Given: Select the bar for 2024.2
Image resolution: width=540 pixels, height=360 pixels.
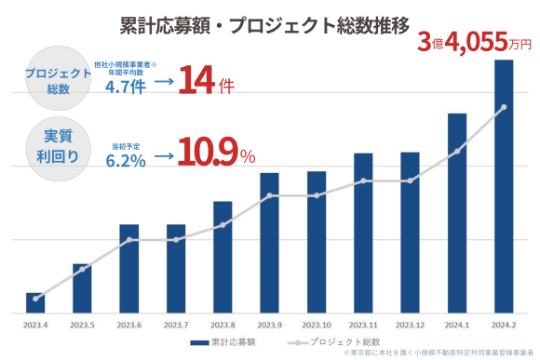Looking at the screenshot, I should point(504,186).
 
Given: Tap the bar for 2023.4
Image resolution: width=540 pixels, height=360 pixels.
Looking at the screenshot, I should point(35,302).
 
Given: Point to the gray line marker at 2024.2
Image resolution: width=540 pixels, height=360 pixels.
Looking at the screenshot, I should point(504,108).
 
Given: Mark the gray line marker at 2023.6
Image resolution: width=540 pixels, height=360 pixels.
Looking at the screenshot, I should point(128,240).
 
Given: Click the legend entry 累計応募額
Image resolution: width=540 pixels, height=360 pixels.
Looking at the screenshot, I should point(223,342).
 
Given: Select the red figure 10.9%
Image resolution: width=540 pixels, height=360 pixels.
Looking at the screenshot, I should point(216,153).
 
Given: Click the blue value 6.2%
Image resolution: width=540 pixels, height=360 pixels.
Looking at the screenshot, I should point(126,160).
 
